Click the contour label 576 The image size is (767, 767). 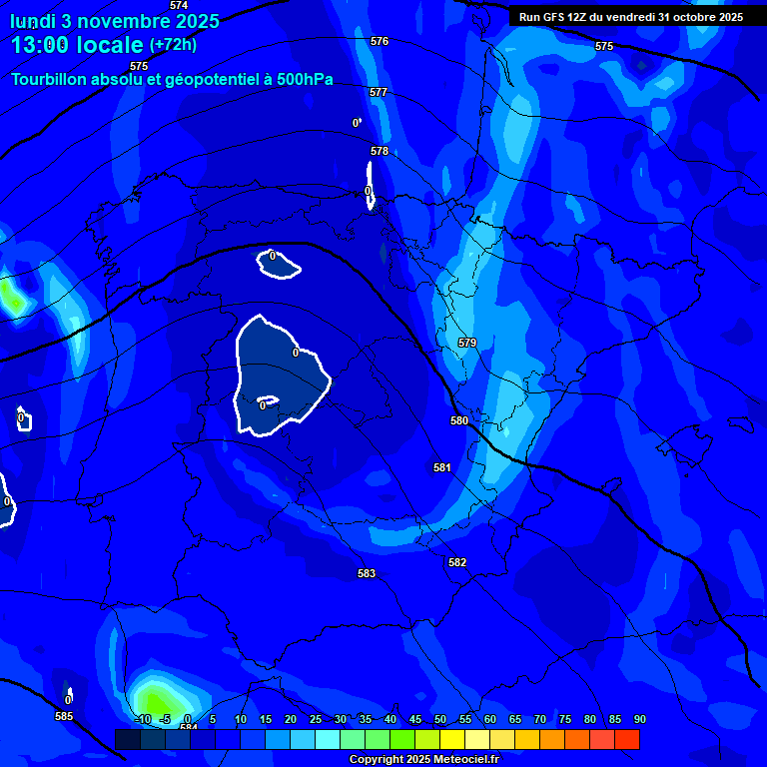point(380,41)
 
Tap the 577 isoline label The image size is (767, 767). point(379,92)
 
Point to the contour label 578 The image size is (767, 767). point(380,151)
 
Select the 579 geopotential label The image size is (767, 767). point(467,343)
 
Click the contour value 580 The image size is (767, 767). point(459,420)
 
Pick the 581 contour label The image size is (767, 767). point(442,467)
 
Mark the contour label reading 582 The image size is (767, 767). point(457,562)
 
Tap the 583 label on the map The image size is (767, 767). point(367,573)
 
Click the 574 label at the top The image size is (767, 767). point(179,5)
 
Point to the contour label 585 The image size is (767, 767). point(64,716)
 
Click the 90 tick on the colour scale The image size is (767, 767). point(639,719)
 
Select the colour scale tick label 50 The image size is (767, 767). point(440,719)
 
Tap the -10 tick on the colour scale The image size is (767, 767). point(142,719)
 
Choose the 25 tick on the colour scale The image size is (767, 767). point(316,719)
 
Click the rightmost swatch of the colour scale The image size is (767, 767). point(627,739)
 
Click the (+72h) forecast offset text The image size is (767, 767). point(173,44)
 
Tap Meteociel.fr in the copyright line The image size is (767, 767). point(459,759)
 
